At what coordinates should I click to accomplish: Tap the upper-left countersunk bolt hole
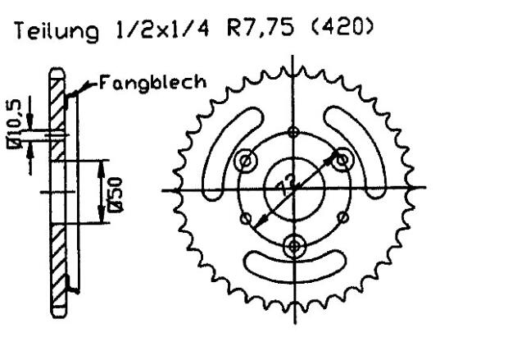tap(244, 162)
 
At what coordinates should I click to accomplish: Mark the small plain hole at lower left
tap(246, 219)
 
